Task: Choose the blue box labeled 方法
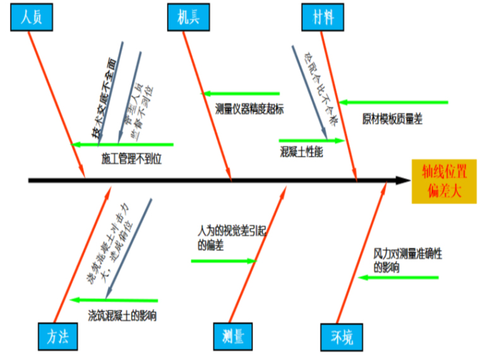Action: click(57, 337)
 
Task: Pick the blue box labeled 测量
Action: click(233, 337)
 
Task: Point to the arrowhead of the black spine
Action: click(405, 181)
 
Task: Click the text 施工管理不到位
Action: click(131, 159)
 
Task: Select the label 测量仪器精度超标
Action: click(249, 109)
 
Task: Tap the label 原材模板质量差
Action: click(392, 119)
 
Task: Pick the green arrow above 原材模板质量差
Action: click(392, 102)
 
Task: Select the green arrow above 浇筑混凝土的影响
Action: click(114, 300)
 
